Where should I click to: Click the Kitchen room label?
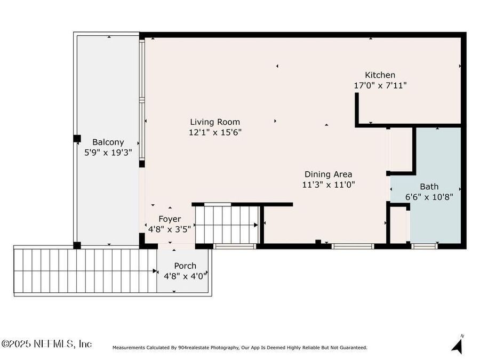380,75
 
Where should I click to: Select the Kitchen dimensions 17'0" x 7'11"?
380,85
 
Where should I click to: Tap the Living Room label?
215,122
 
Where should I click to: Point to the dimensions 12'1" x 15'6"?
215,132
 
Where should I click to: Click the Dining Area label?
328,174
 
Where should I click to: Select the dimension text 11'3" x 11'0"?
328,185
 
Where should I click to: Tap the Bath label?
429,187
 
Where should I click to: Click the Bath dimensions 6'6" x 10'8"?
429,197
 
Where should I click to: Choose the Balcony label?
108,142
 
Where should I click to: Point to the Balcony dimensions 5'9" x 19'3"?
108,153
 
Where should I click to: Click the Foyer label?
170,219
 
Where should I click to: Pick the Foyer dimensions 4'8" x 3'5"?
170,229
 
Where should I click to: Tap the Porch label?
185,266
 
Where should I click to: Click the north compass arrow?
457,344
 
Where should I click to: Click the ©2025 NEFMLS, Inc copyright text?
47,344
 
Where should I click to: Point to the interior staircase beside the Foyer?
226,224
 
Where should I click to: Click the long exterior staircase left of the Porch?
85,270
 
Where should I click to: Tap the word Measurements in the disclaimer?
127,348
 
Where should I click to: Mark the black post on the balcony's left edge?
77,139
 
